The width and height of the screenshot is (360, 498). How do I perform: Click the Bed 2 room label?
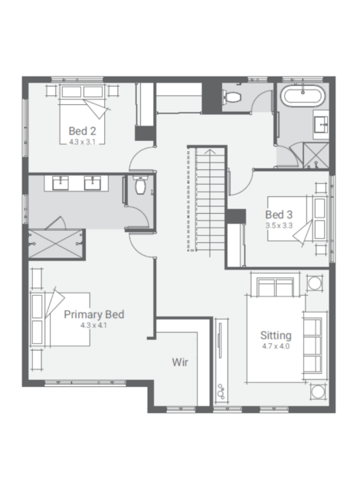click(x=82, y=131)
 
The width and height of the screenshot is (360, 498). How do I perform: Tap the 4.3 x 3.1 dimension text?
click(x=82, y=142)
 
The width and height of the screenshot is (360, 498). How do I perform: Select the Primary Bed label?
click(x=94, y=314)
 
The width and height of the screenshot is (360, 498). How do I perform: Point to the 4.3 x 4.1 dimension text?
click(x=93, y=325)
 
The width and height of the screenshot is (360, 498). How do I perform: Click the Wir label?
click(x=180, y=362)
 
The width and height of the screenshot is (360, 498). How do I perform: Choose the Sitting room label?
click(x=276, y=336)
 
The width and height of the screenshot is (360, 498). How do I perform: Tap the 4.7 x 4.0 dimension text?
click(x=276, y=346)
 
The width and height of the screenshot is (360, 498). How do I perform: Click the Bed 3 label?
click(x=279, y=215)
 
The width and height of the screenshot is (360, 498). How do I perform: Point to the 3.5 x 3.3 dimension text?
click(x=279, y=225)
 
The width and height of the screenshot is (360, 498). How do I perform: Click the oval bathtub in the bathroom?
click(x=303, y=95)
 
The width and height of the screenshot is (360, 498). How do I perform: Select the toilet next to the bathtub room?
click(x=231, y=97)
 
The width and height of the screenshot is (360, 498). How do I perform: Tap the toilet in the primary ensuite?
click(x=140, y=185)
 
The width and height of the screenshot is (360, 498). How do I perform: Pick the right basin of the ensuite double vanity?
click(x=93, y=183)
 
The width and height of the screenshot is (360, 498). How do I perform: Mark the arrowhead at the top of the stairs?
click(x=209, y=151)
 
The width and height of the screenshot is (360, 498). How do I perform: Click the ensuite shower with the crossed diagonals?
click(x=56, y=244)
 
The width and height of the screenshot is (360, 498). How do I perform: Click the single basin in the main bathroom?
click(x=321, y=124)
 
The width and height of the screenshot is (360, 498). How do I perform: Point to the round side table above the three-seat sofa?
click(x=314, y=283)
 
